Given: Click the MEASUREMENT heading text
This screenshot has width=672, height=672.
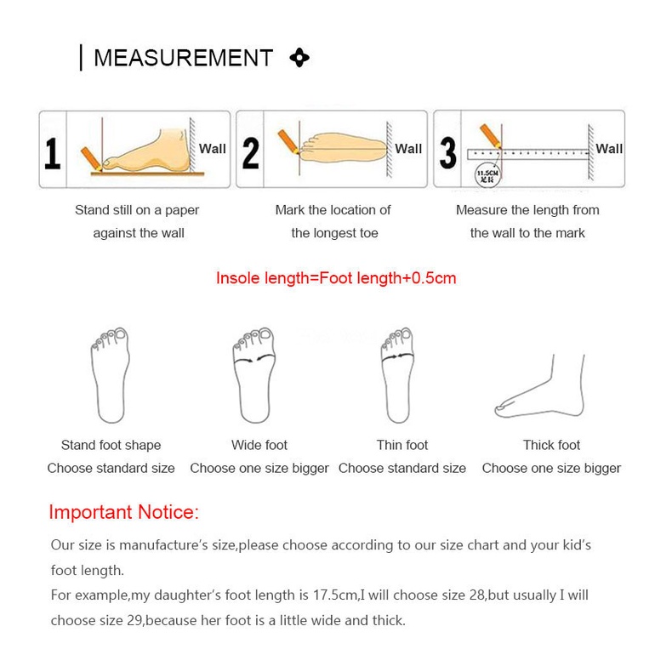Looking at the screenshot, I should coord(183,58).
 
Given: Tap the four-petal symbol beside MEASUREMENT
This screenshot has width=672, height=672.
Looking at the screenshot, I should coord(299,58).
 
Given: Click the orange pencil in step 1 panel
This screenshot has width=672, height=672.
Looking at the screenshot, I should coord(89,158).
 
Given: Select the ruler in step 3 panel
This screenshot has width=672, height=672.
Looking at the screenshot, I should coord(527,154).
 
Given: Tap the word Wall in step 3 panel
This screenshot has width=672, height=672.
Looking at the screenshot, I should coord(609,149).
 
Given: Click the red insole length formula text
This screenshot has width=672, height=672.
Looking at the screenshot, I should coord(336,278).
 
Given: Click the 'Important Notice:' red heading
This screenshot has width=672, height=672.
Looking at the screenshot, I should coord(123,512).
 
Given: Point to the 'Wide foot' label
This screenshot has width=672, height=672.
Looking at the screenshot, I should coord(259,445).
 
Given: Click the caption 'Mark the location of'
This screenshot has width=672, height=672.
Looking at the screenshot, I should coord(333,210).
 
